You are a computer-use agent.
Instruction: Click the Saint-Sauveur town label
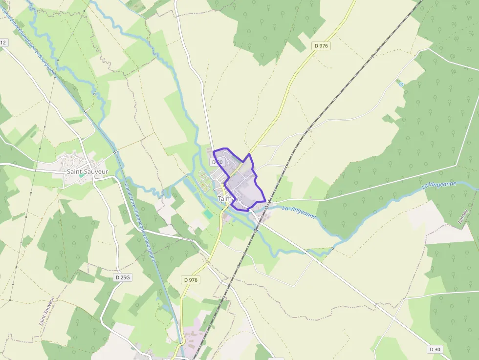click(x=87, y=171)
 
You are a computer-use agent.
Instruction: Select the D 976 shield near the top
click(x=322, y=45)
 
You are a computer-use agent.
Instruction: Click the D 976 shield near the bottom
click(x=191, y=280)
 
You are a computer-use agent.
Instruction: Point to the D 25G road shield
click(x=123, y=277)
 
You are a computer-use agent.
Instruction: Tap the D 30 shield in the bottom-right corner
click(x=435, y=349)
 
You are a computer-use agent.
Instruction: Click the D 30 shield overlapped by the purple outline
click(x=217, y=162)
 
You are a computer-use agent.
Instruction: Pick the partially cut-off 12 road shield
click(x=3, y=42)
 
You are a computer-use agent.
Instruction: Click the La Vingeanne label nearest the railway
click(x=299, y=212)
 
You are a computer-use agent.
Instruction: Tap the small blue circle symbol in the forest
click(x=401, y=85)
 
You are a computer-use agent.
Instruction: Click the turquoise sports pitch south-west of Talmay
click(x=209, y=214)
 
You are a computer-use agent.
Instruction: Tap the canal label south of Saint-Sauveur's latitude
click(x=140, y=222)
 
